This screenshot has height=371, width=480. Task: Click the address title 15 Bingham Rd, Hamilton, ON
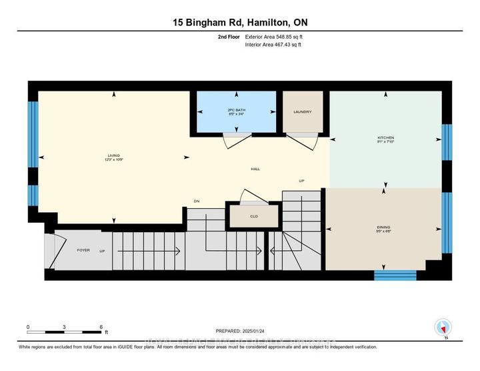[x=240, y=22]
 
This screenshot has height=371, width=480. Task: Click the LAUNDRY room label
[x=303, y=112]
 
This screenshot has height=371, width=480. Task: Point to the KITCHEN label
[x=386, y=138]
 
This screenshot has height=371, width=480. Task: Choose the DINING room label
[x=383, y=228]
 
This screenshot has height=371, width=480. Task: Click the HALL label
[x=255, y=169]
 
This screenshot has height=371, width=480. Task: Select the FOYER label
[x=83, y=250]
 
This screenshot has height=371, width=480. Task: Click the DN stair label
[x=197, y=201]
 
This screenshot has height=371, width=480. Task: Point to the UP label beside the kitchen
[x=301, y=181]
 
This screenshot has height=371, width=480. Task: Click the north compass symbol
[x=443, y=328]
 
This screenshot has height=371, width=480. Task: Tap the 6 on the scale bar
[x=101, y=327]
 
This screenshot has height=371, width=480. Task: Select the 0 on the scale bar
[x=28, y=327]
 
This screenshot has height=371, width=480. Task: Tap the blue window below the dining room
[x=395, y=275]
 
